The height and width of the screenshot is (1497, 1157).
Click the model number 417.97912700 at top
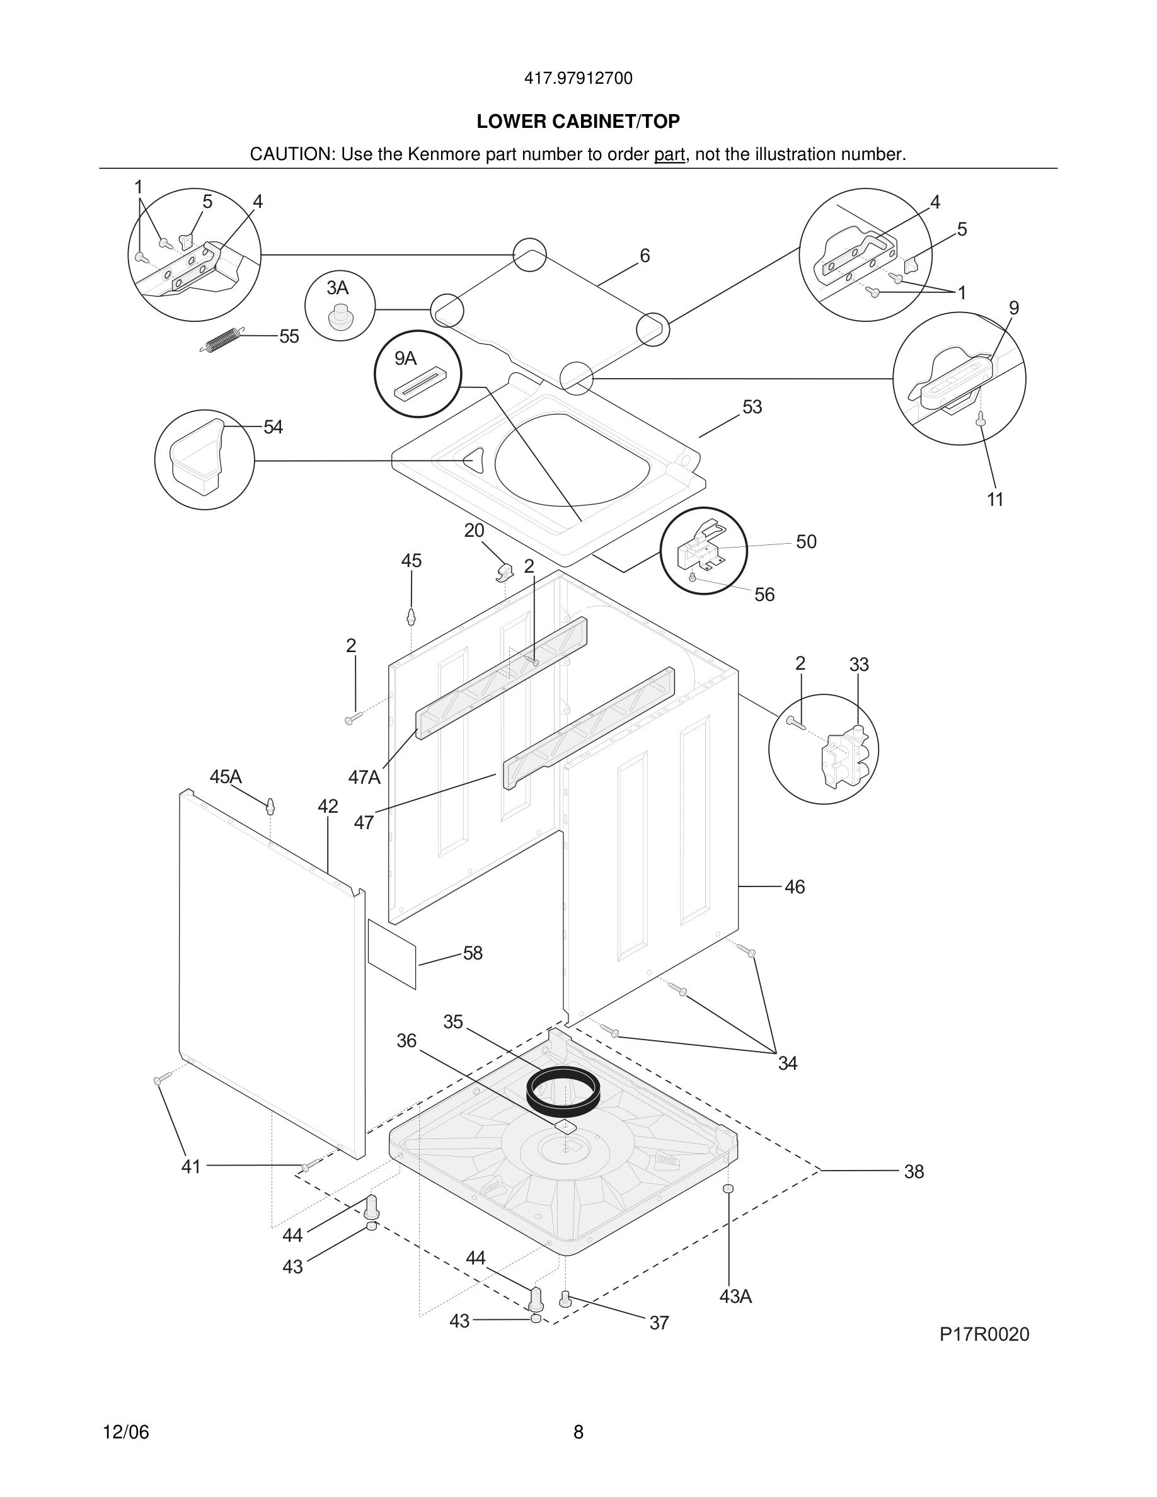coord(578,78)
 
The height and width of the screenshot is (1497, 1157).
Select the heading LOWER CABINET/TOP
coord(578,122)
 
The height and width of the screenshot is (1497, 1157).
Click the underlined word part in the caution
coord(669,154)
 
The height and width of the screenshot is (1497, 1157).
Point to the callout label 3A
coord(337,287)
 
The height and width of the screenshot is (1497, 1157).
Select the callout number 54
coord(273,427)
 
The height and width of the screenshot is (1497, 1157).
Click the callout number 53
coord(752,407)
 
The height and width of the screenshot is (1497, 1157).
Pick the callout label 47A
coord(364,777)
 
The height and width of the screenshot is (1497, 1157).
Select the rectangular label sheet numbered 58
coord(392,953)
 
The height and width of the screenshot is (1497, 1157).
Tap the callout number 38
coord(914,1171)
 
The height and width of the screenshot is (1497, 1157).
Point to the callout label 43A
coord(735,1297)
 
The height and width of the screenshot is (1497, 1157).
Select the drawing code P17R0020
coord(984,1334)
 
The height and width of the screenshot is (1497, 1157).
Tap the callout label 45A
coord(226,777)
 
